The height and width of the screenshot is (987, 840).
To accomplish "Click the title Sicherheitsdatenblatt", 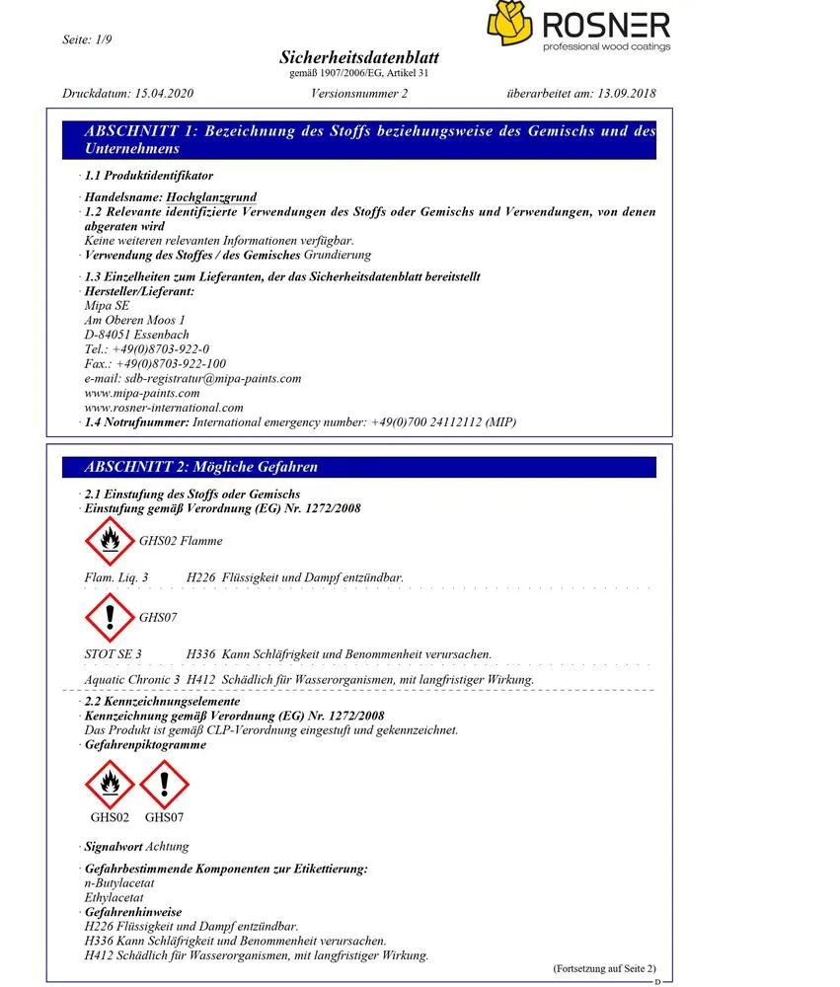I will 359,58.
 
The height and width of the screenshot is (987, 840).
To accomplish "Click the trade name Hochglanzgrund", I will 206,197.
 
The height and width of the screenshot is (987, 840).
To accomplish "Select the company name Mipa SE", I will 108,306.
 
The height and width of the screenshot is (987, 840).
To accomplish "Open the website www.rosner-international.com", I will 164,407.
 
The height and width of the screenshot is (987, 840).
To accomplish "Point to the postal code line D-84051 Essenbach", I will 137,335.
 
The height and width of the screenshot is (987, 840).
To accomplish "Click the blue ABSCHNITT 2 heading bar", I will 358,467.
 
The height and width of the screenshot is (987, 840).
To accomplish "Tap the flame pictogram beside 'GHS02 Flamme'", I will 108,540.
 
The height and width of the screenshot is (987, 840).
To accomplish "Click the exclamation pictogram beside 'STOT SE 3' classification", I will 108,617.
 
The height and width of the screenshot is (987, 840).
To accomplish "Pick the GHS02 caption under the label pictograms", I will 110,817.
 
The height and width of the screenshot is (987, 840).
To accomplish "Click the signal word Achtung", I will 168,847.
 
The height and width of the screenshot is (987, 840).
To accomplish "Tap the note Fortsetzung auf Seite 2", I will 604,968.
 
